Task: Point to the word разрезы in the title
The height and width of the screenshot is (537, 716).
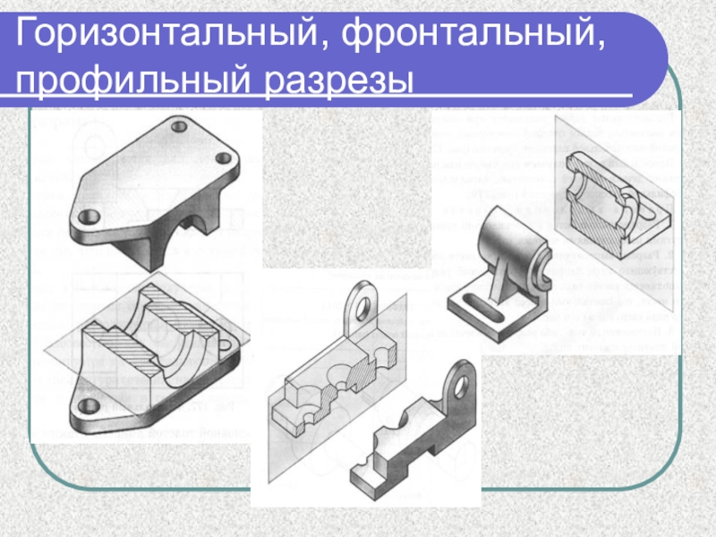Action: (x=338, y=82)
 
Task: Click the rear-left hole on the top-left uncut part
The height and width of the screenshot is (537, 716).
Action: (x=178, y=125)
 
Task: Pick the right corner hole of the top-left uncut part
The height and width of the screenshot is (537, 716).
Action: (x=223, y=158)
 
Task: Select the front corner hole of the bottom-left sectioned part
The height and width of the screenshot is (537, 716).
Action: (x=89, y=405)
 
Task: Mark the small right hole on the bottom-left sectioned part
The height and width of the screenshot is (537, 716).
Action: (x=226, y=344)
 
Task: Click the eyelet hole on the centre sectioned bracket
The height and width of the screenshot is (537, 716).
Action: (x=362, y=309)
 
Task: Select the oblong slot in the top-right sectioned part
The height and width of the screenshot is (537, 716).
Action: (x=644, y=211)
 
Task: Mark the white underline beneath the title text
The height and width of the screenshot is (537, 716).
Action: (x=316, y=96)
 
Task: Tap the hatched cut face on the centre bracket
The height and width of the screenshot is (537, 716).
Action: (x=363, y=371)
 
